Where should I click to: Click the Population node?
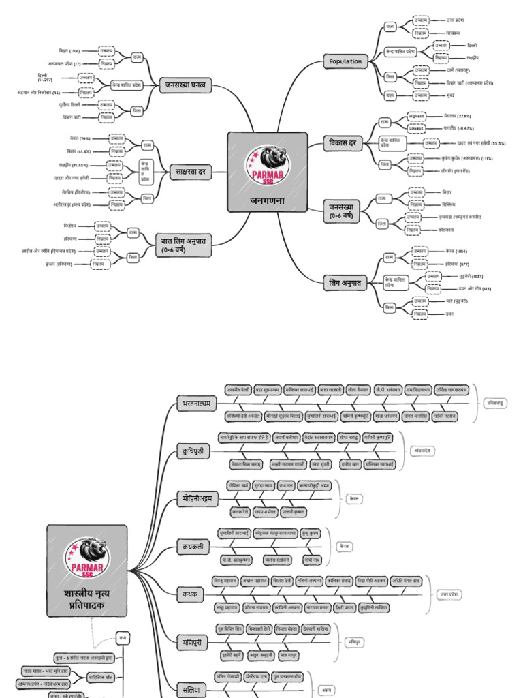pyautogui.click(x=345, y=61)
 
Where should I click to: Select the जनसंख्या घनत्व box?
pyautogui.click(x=187, y=85)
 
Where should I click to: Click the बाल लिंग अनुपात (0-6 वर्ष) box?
pyautogui.click(x=184, y=245)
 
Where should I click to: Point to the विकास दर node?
pyautogui.click(x=344, y=143)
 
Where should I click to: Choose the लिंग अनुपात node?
pyautogui.click(x=345, y=282)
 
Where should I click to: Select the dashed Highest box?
pyautogui.click(x=416, y=116)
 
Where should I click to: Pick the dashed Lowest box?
pyautogui.click(x=416, y=127)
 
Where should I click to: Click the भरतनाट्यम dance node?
pyautogui.click(x=195, y=403)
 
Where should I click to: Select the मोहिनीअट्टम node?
pyautogui.click(x=198, y=499)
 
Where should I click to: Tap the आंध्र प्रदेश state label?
pyautogui.click(x=422, y=451)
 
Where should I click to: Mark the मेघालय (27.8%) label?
pyautogui.click(x=455, y=116)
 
